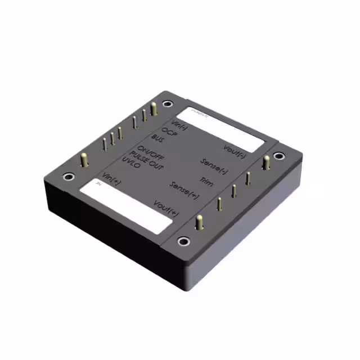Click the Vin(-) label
pyautogui.click(x=179, y=125)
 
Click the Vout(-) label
pyautogui.click(x=234, y=150)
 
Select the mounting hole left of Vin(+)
pyautogui.click(x=67, y=177)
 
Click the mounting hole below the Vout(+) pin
pyautogui.click(x=183, y=242)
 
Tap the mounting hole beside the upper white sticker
pyautogui.click(x=167, y=103)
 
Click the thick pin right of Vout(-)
pyautogui.click(x=266, y=163)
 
